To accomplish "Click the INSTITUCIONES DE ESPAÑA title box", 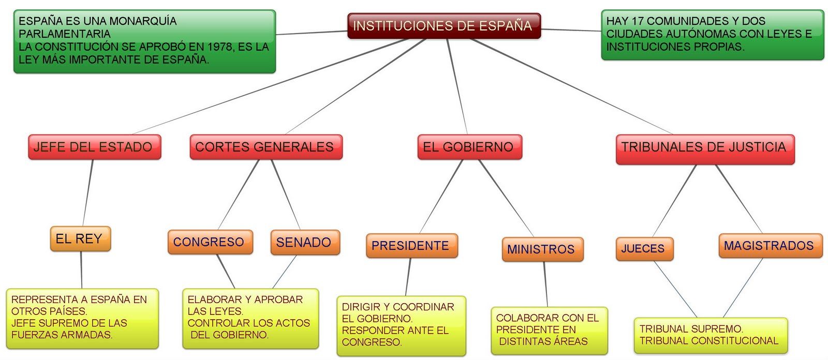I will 443,26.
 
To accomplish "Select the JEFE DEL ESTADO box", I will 94,147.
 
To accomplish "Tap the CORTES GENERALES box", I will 265,147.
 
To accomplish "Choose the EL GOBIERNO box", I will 468,147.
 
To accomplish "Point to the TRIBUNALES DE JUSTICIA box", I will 704,147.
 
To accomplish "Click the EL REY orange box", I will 80,238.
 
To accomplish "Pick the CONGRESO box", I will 209,242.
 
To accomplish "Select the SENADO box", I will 304,242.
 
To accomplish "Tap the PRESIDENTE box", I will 411,246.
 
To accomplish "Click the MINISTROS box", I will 541,249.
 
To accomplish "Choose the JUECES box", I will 643,248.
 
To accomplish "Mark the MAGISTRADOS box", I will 769,246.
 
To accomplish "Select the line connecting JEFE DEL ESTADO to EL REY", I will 87,192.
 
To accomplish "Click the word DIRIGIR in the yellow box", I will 360,307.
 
